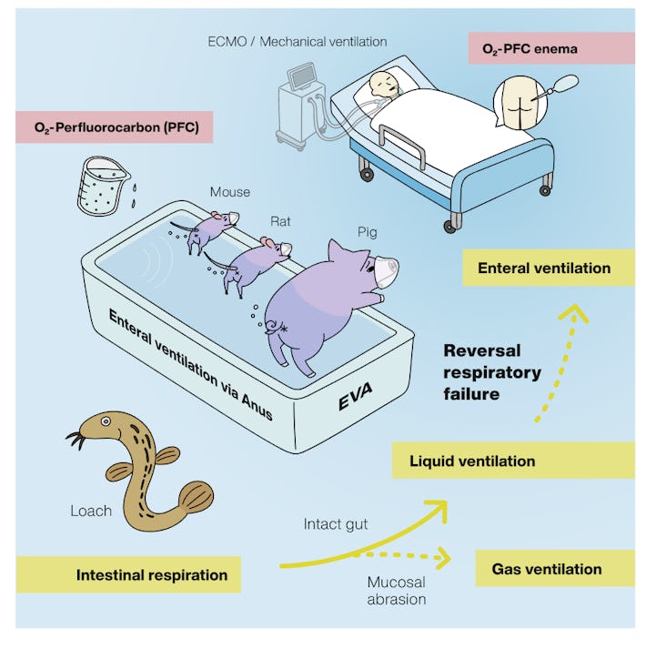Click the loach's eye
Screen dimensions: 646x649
click(x=106, y=421)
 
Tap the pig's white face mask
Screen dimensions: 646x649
click(x=387, y=271)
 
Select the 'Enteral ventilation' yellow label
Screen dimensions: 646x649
click(x=549, y=268)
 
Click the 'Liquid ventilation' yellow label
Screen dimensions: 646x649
click(x=513, y=461)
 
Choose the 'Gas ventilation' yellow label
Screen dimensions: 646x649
click(x=555, y=569)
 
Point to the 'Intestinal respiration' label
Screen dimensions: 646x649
click(x=128, y=574)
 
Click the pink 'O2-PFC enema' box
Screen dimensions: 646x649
click(x=551, y=48)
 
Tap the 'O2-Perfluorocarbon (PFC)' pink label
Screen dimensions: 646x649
click(x=115, y=127)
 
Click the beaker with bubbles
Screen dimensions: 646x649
click(x=102, y=186)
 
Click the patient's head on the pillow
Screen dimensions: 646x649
click(x=384, y=85)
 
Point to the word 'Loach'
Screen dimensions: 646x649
click(x=91, y=511)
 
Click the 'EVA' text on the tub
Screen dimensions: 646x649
click(x=355, y=396)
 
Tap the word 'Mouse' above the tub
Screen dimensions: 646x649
click(x=230, y=192)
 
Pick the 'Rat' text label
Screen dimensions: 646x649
click(x=280, y=221)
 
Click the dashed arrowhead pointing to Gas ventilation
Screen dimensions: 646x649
click(x=444, y=558)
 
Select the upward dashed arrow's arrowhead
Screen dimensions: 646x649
click(x=574, y=312)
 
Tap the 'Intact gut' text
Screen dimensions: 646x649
click(x=336, y=524)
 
